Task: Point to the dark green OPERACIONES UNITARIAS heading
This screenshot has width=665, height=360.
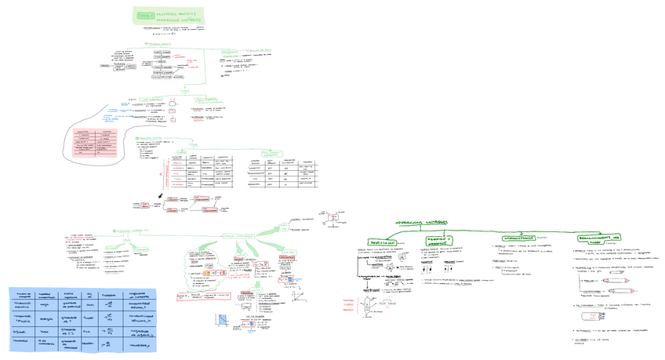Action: pyautogui.click(x=420, y=221)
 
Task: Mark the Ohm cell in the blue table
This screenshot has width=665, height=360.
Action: pyautogui.click(x=87, y=304)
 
